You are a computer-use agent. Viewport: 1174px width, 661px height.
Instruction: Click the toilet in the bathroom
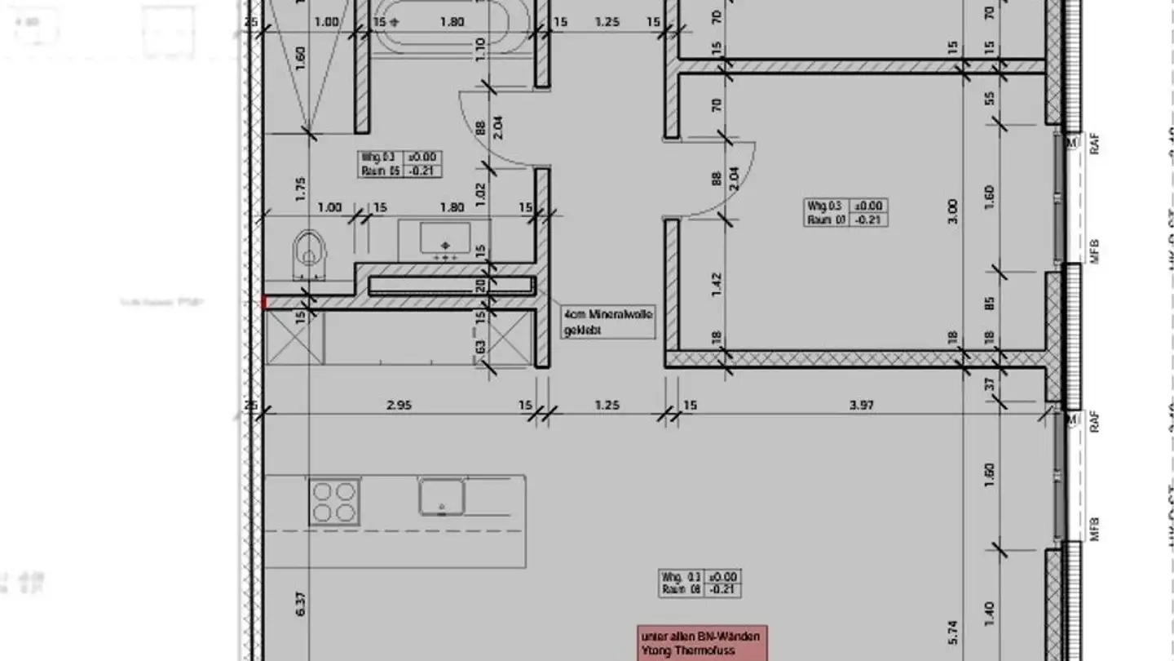307,248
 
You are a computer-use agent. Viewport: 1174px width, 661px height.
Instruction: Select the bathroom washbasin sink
444,239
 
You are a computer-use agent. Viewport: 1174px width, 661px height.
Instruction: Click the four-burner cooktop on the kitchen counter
334,501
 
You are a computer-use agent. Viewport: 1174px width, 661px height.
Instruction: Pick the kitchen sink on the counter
442,496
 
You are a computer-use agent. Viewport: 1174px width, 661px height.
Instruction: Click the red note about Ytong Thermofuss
702,644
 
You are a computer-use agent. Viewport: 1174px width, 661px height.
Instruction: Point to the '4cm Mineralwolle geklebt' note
607,322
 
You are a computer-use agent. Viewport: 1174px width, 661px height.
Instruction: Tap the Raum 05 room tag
399,164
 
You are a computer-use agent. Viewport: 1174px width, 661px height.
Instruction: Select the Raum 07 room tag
845,213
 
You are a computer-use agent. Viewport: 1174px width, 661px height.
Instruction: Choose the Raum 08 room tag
700,583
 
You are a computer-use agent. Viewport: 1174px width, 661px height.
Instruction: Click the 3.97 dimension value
863,405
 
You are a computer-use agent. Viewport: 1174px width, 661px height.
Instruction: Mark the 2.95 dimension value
397,405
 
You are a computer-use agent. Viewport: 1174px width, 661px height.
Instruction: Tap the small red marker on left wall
263,303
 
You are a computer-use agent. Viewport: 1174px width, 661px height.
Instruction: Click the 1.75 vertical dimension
301,189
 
